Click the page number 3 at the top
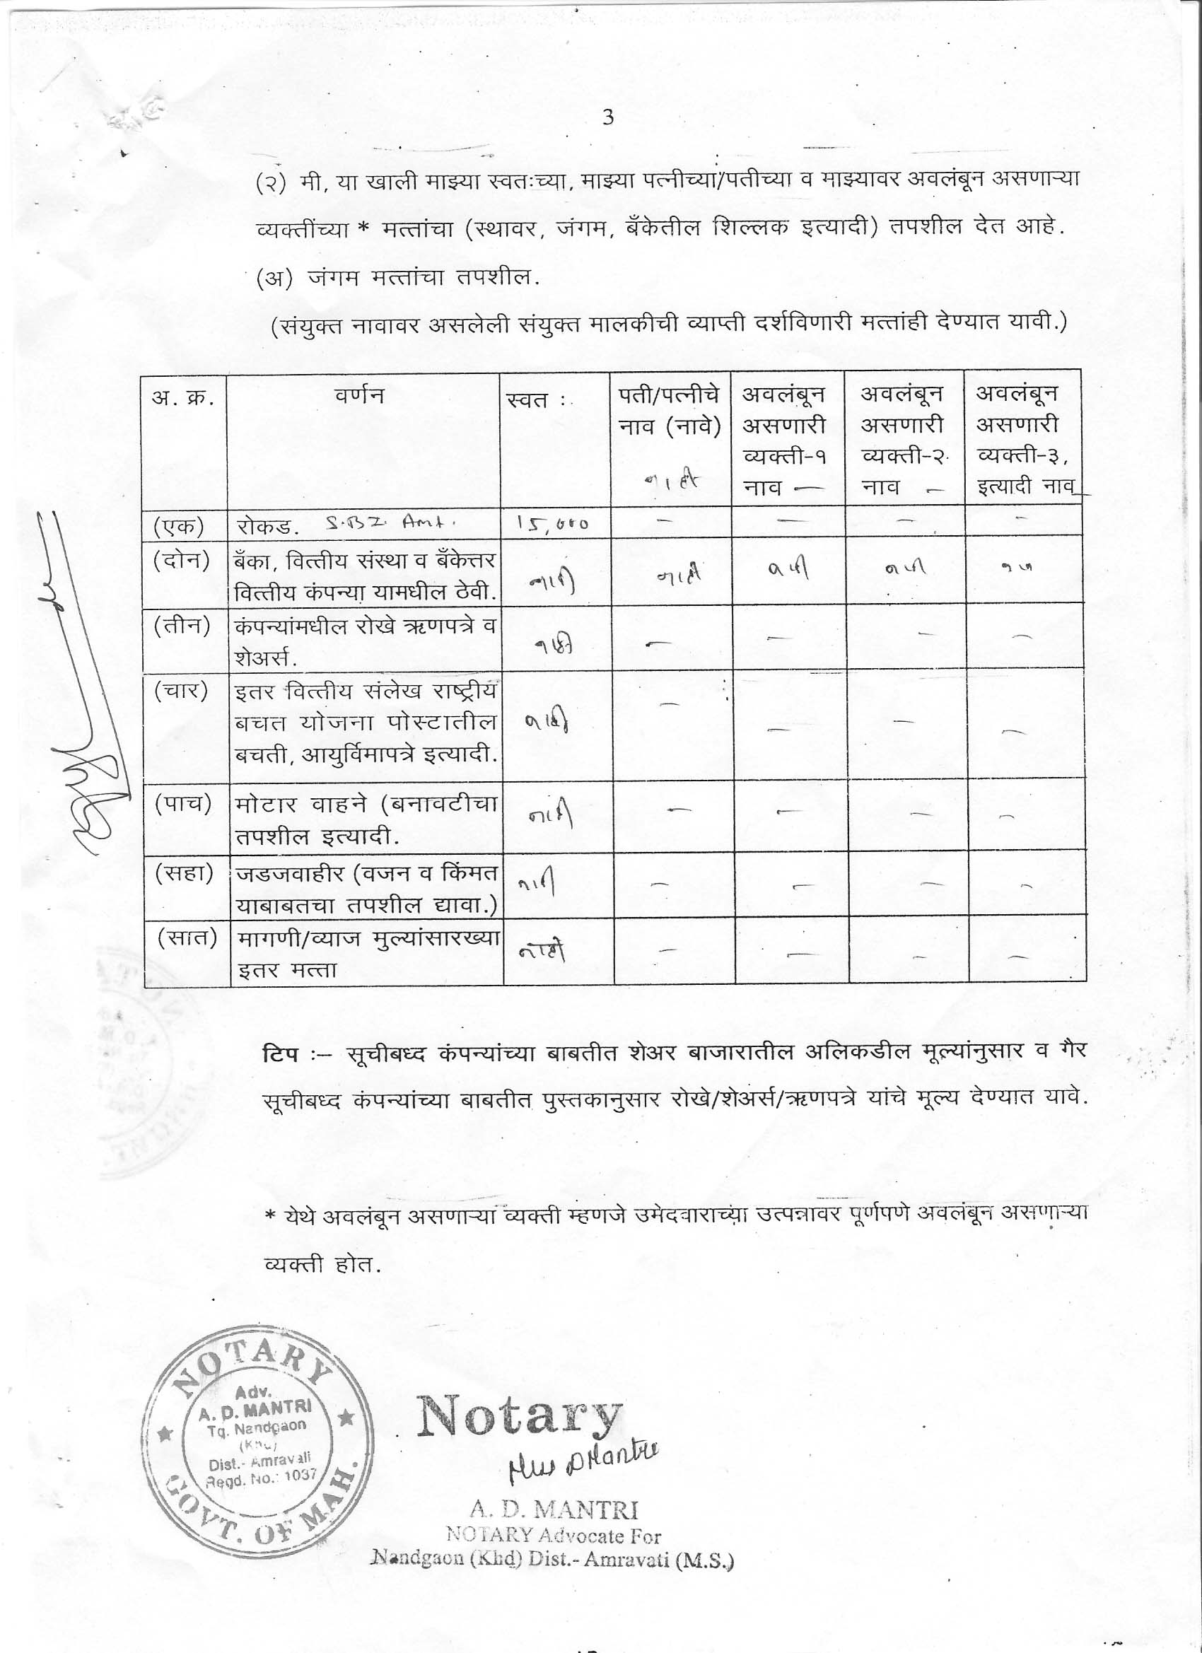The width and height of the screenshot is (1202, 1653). pyautogui.click(x=609, y=117)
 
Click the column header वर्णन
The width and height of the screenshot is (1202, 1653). pyautogui.click(x=360, y=396)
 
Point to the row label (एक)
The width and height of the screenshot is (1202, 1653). pyautogui.click(x=179, y=525)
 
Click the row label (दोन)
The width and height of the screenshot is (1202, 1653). pyautogui.click(x=182, y=561)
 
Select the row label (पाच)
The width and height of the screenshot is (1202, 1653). pyautogui.click(x=183, y=803)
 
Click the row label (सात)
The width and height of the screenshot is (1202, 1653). pyautogui.click(x=187, y=939)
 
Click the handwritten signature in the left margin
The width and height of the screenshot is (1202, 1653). pyautogui.click(x=84, y=692)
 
